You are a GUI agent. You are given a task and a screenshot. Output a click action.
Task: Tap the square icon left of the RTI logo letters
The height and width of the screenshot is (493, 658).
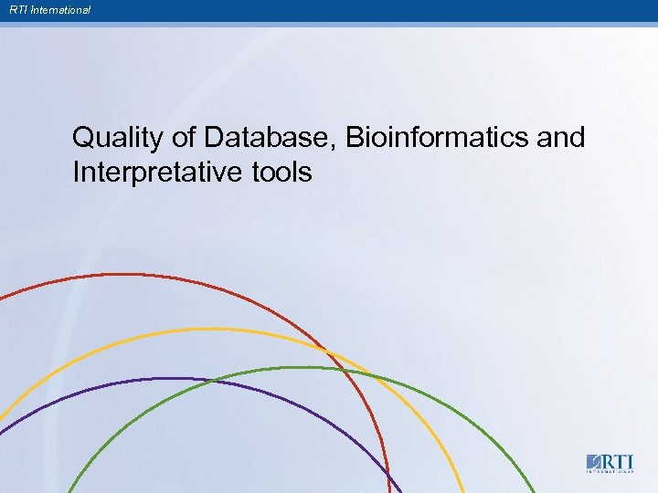tap(593, 461)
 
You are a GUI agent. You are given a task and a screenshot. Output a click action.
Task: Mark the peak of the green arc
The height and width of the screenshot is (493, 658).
tap(306, 367)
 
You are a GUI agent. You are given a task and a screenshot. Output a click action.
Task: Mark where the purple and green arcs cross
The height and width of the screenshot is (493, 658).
tap(212, 381)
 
